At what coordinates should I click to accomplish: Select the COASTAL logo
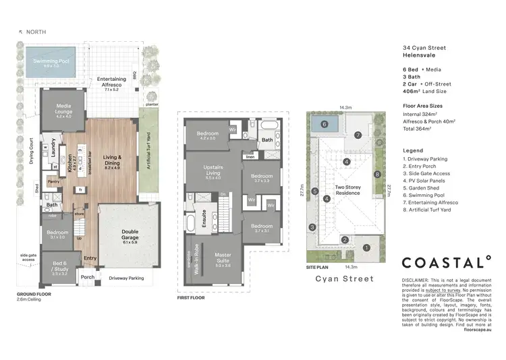[447, 262]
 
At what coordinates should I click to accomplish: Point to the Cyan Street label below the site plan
[345, 278]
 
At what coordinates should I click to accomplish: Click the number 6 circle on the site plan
[325, 125]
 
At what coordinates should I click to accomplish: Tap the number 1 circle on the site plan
[366, 248]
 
